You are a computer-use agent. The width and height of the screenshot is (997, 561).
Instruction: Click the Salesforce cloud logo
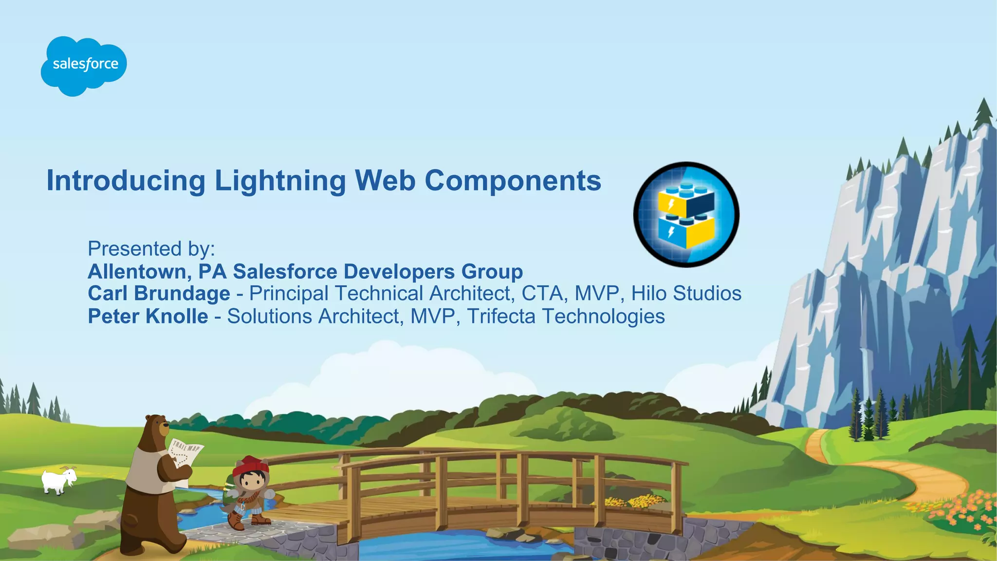[x=84, y=65]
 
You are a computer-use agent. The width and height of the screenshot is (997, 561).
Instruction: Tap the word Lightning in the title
[x=280, y=181]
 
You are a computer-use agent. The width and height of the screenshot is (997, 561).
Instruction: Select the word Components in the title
[x=513, y=181]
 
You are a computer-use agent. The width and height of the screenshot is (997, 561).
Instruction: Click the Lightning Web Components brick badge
[x=686, y=214]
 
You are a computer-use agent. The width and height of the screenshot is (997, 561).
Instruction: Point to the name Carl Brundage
[x=159, y=294]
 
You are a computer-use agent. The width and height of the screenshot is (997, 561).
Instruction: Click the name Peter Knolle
[x=148, y=317]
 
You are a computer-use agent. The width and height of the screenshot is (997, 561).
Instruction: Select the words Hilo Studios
[x=686, y=294]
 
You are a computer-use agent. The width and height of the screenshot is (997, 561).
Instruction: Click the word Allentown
[x=139, y=272]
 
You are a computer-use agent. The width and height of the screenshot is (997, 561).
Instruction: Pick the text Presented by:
[x=151, y=249]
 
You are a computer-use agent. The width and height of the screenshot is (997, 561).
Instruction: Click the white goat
[x=58, y=481]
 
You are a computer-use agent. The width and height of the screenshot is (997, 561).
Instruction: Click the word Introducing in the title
[x=126, y=181]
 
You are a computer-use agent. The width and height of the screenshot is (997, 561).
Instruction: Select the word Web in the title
[x=385, y=181]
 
